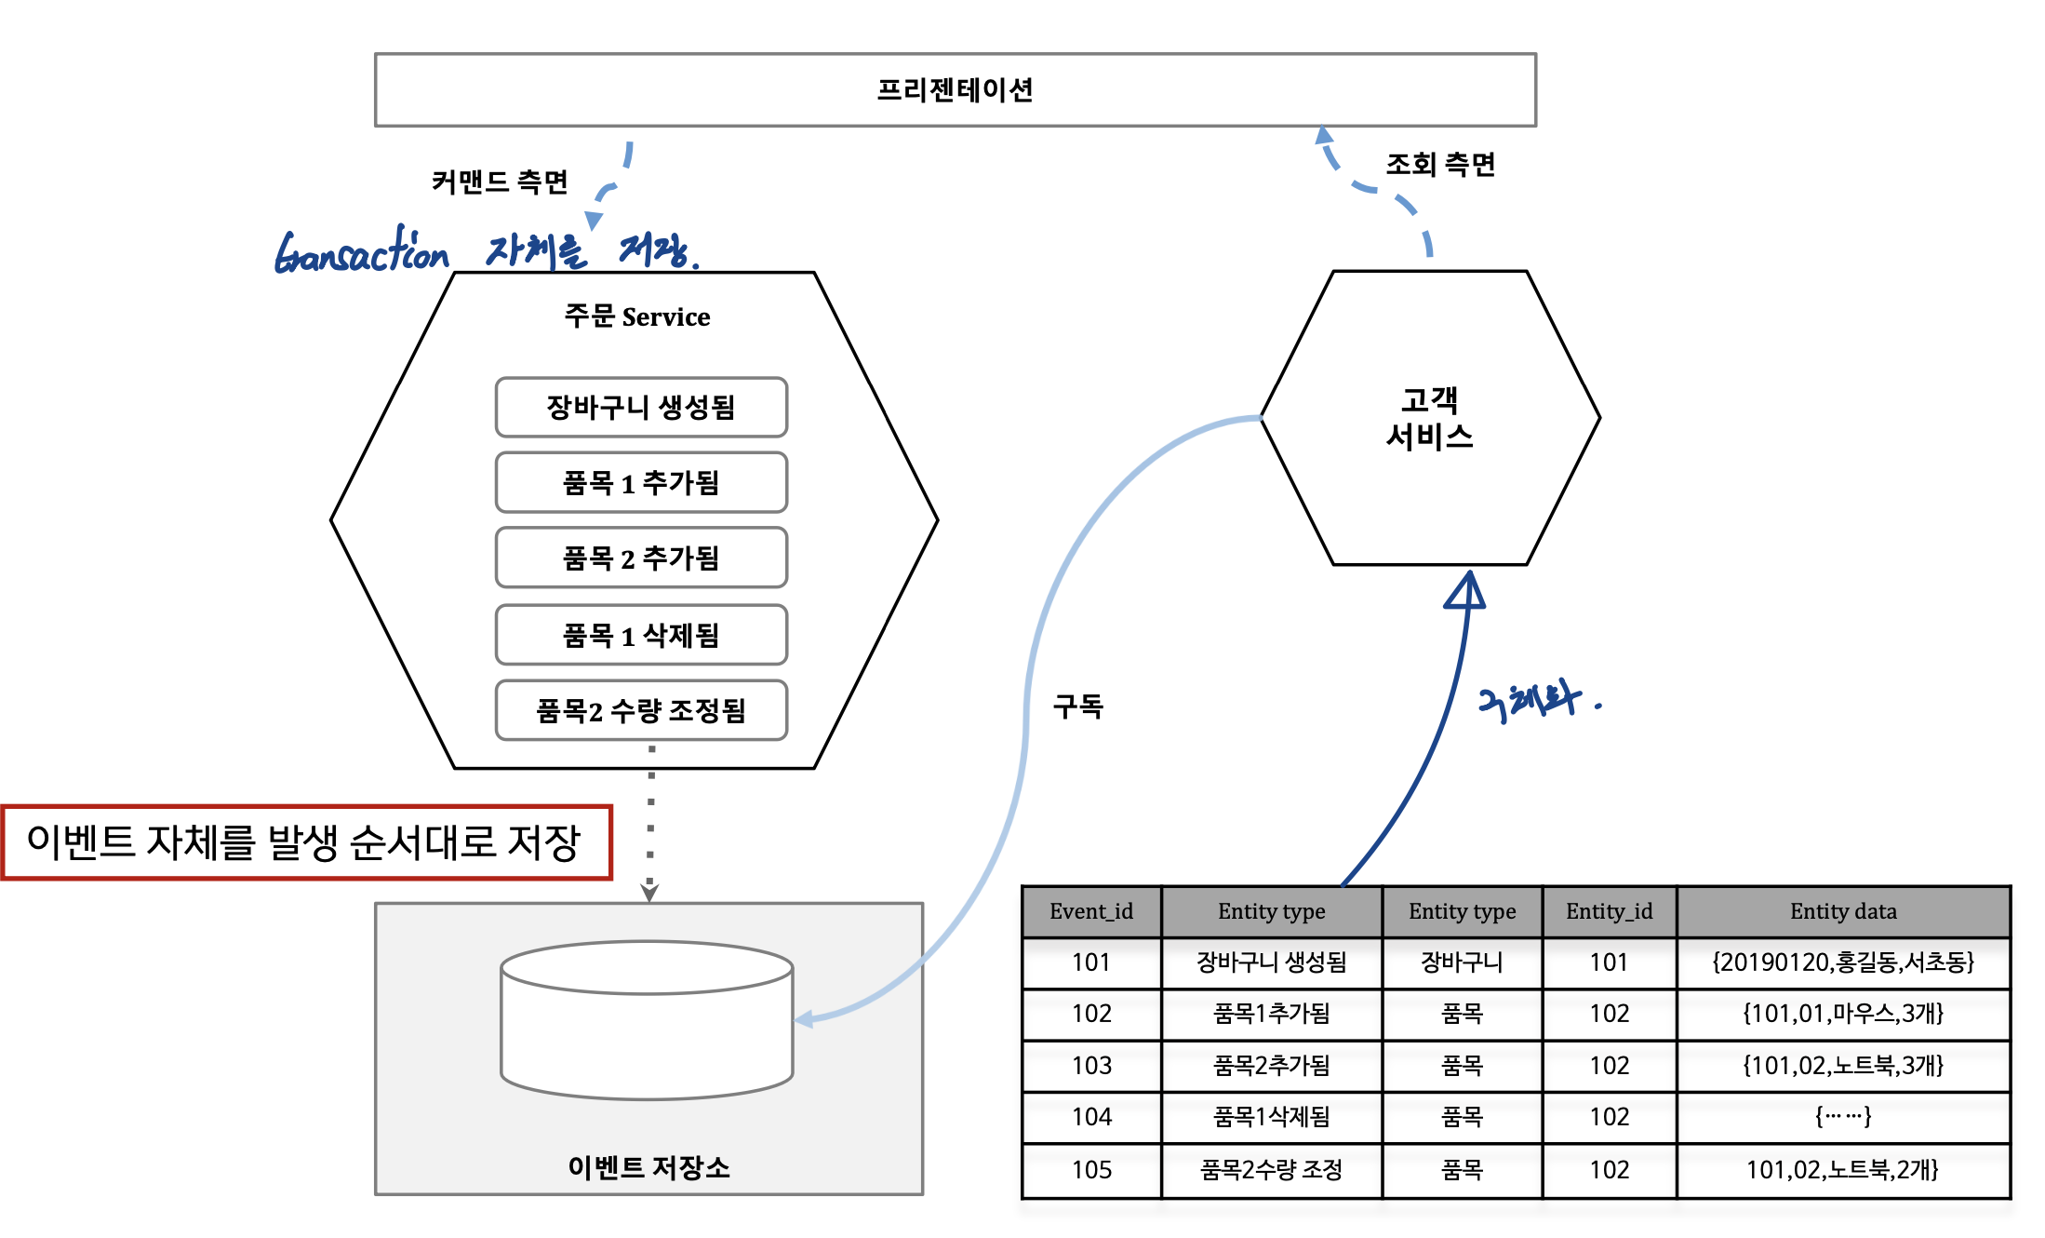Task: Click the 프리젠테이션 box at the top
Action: point(955,89)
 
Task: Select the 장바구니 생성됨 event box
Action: point(641,407)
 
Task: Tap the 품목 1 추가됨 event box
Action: point(641,482)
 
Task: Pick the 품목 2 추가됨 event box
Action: point(641,558)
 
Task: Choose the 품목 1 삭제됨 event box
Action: point(641,635)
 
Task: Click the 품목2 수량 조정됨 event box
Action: point(641,710)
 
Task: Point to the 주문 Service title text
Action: point(637,316)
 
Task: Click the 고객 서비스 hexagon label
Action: point(1430,418)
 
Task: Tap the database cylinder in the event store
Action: point(647,1020)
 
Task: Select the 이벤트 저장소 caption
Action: point(648,1166)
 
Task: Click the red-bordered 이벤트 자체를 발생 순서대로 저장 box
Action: point(306,842)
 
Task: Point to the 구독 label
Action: point(1077,706)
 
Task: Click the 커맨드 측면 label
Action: point(500,182)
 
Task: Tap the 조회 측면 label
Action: point(1440,165)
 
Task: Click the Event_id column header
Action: point(1091,911)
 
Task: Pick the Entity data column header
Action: point(1843,911)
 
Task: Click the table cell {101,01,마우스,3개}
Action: point(1843,1013)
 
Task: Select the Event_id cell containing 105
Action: point(1091,1169)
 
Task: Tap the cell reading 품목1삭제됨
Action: point(1271,1116)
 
